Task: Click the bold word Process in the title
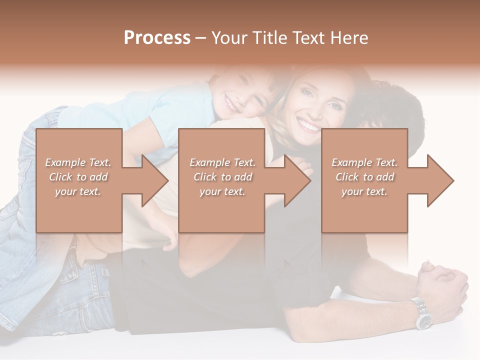[x=157, y=38]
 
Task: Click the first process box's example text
[x=78, y=177]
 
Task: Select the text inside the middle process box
[x=222, y=177]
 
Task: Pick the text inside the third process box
[x=364, y=177]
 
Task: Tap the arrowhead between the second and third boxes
[x=297, y=180]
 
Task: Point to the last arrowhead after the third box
[x=439, y=180]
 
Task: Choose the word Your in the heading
[x=228, y=38]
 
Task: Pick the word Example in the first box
[x=64, y=162]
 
